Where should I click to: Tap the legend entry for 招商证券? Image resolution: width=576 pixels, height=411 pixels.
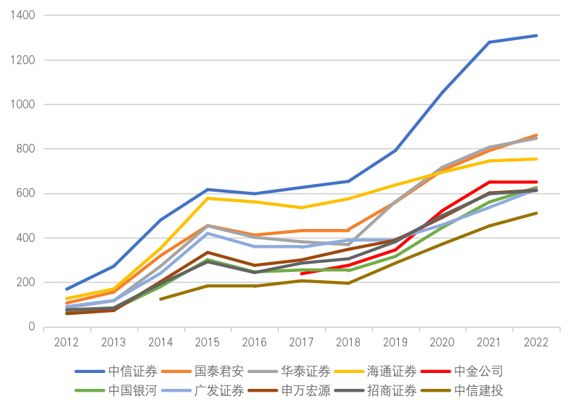coord(392,391)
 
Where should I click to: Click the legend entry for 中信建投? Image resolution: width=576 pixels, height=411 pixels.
coord(478,391)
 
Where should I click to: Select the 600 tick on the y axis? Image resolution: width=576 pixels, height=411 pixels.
coord(27,194)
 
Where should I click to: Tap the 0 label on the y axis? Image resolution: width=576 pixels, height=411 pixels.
coord(33,327)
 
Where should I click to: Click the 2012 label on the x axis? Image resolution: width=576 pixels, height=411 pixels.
coord(66,342)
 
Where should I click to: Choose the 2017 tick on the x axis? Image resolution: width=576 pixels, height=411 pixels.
coord(301,342)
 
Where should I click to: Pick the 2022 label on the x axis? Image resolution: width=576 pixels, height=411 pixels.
coord(537,342)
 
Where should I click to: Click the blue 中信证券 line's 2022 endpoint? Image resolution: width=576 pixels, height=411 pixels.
coord(537,35)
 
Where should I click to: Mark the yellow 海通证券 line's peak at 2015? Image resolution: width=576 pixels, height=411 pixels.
coord(208,199)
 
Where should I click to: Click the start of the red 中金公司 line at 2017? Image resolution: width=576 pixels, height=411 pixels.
coord(302,274)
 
